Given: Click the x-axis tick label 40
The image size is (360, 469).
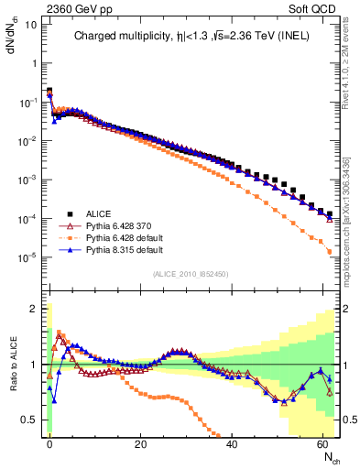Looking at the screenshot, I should coord(232,443).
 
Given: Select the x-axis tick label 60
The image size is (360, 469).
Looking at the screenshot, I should coord(323,443).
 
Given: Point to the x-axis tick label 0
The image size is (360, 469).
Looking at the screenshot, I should coord(49,443).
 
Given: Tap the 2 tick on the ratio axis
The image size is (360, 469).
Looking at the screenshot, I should coord(34,309).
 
